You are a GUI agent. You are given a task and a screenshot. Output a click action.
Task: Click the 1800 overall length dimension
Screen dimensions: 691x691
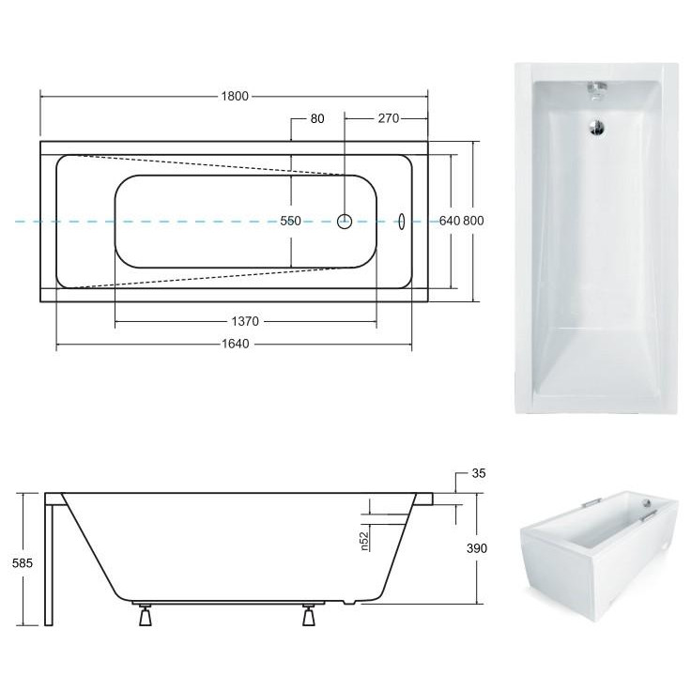tap(235, 96)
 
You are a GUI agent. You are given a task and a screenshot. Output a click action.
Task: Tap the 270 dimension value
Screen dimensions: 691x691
tap(389, 118)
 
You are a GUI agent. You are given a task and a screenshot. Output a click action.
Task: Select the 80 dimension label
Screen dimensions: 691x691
tap(317, 118)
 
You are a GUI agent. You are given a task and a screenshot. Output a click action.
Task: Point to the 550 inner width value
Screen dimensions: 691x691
tap(291, 221)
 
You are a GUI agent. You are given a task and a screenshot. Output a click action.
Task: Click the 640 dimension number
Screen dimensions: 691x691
tap(450, 221)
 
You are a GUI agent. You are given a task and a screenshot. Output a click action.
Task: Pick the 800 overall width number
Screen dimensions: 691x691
tap(473, 221)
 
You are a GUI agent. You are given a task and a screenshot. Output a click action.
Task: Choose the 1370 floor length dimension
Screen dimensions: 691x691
tap(245, 321)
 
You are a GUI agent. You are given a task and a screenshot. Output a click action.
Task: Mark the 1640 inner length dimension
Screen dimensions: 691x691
tap(236, 344)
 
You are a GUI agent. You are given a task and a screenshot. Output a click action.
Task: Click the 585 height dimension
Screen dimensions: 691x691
tap(23, 562)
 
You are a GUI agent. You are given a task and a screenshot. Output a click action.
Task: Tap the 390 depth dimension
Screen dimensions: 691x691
tap(477, 548)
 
